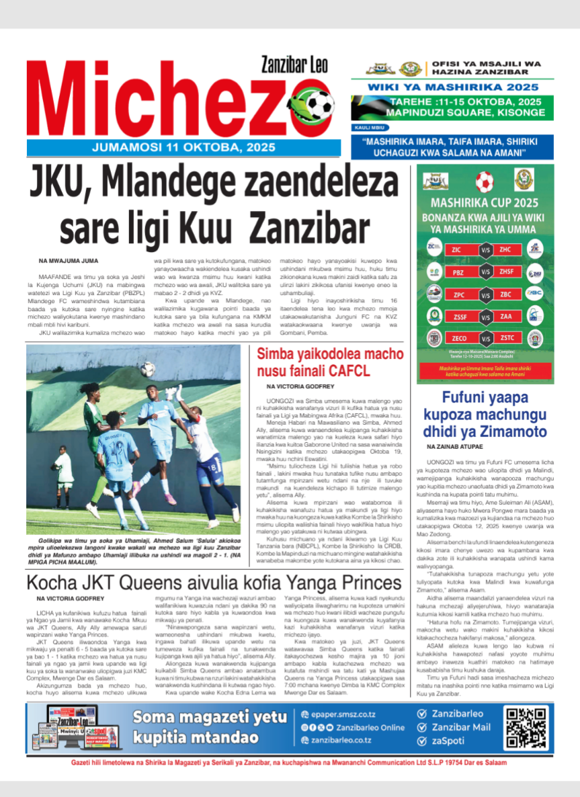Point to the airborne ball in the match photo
148,369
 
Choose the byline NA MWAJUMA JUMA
69,260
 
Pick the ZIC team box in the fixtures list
456,249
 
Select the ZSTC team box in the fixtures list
507,338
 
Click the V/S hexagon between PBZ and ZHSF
485,272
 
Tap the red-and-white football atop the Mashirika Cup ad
485,181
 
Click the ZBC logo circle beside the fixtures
534,293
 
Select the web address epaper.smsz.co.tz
343,714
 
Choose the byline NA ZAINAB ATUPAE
456,447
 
